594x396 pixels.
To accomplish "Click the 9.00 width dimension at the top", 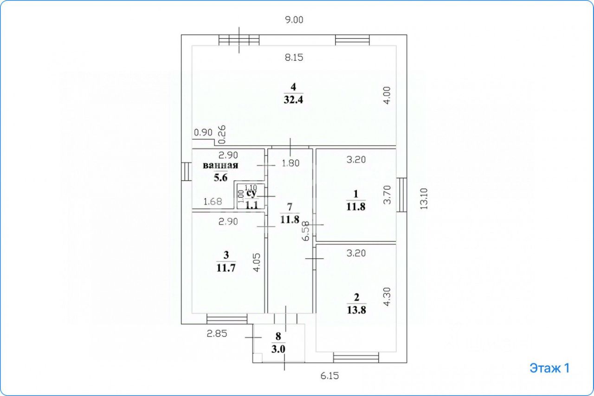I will tap(294, 20).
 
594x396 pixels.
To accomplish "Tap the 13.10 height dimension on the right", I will tap(423, 199).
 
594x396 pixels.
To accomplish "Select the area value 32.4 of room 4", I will tap(293, 99).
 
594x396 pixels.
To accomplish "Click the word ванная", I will tap(220, 166).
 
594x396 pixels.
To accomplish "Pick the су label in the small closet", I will tap(251, 193).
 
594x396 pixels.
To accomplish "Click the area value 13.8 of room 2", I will tap(356, 311).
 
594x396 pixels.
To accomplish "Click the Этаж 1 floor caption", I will tap(549, 368).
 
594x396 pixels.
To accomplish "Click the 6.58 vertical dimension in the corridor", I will tap(305, 230).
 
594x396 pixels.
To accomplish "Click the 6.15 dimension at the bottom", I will tap(329, 376).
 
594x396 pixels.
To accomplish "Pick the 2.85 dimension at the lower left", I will tap(217, 334).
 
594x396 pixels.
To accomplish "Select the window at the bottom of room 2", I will tap(356, 358).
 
